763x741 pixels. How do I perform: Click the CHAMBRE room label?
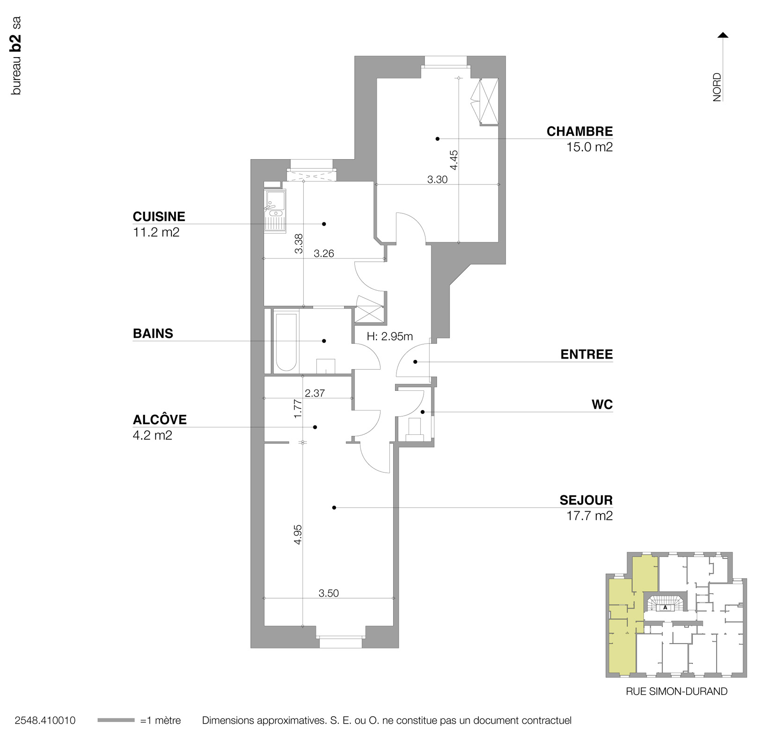coord(579,132)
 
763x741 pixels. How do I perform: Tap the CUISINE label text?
coord(159,217)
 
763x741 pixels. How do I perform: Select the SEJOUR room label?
coord(586,500)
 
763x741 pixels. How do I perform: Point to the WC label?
coord(602,404)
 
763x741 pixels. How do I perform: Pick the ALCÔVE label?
coord(160,419)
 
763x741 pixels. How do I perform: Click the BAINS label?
coord(153,334)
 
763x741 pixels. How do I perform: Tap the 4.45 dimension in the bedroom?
coord(454,160)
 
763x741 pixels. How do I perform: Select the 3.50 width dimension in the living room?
coord(329,593)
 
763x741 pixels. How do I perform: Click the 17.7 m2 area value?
coord(589,516)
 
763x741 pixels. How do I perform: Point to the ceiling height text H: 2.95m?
coord(390,336)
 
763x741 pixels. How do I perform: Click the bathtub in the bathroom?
coord(286,342)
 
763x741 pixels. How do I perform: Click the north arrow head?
coord(723,35)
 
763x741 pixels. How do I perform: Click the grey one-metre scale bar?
coord(116,720)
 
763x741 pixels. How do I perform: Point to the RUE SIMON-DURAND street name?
coord(676,691)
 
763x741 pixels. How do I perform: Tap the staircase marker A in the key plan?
coord(665,608)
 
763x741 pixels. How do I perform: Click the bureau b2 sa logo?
coord(16,56)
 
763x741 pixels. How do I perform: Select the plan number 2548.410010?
coord(45,720)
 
